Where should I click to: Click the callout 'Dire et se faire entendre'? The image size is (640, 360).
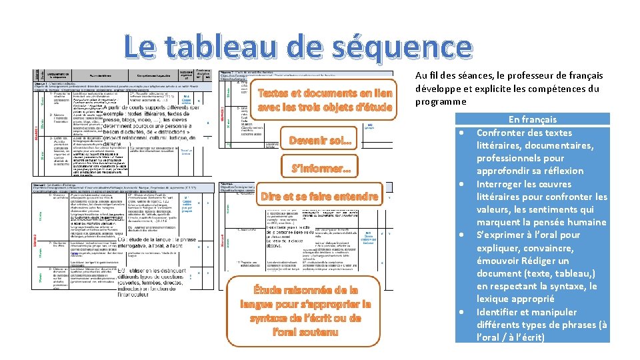(x=319, y=197)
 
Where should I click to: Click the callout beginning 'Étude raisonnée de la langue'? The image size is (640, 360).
(x=305, y=310)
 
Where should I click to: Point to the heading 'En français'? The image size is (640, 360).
(x=532, y=119)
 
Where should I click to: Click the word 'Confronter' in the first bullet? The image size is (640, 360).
(x=501, y=133)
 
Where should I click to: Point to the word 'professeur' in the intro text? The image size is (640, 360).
(x=518, y=76)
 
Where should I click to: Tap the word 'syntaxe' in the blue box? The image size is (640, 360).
(x=565, y=286)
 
